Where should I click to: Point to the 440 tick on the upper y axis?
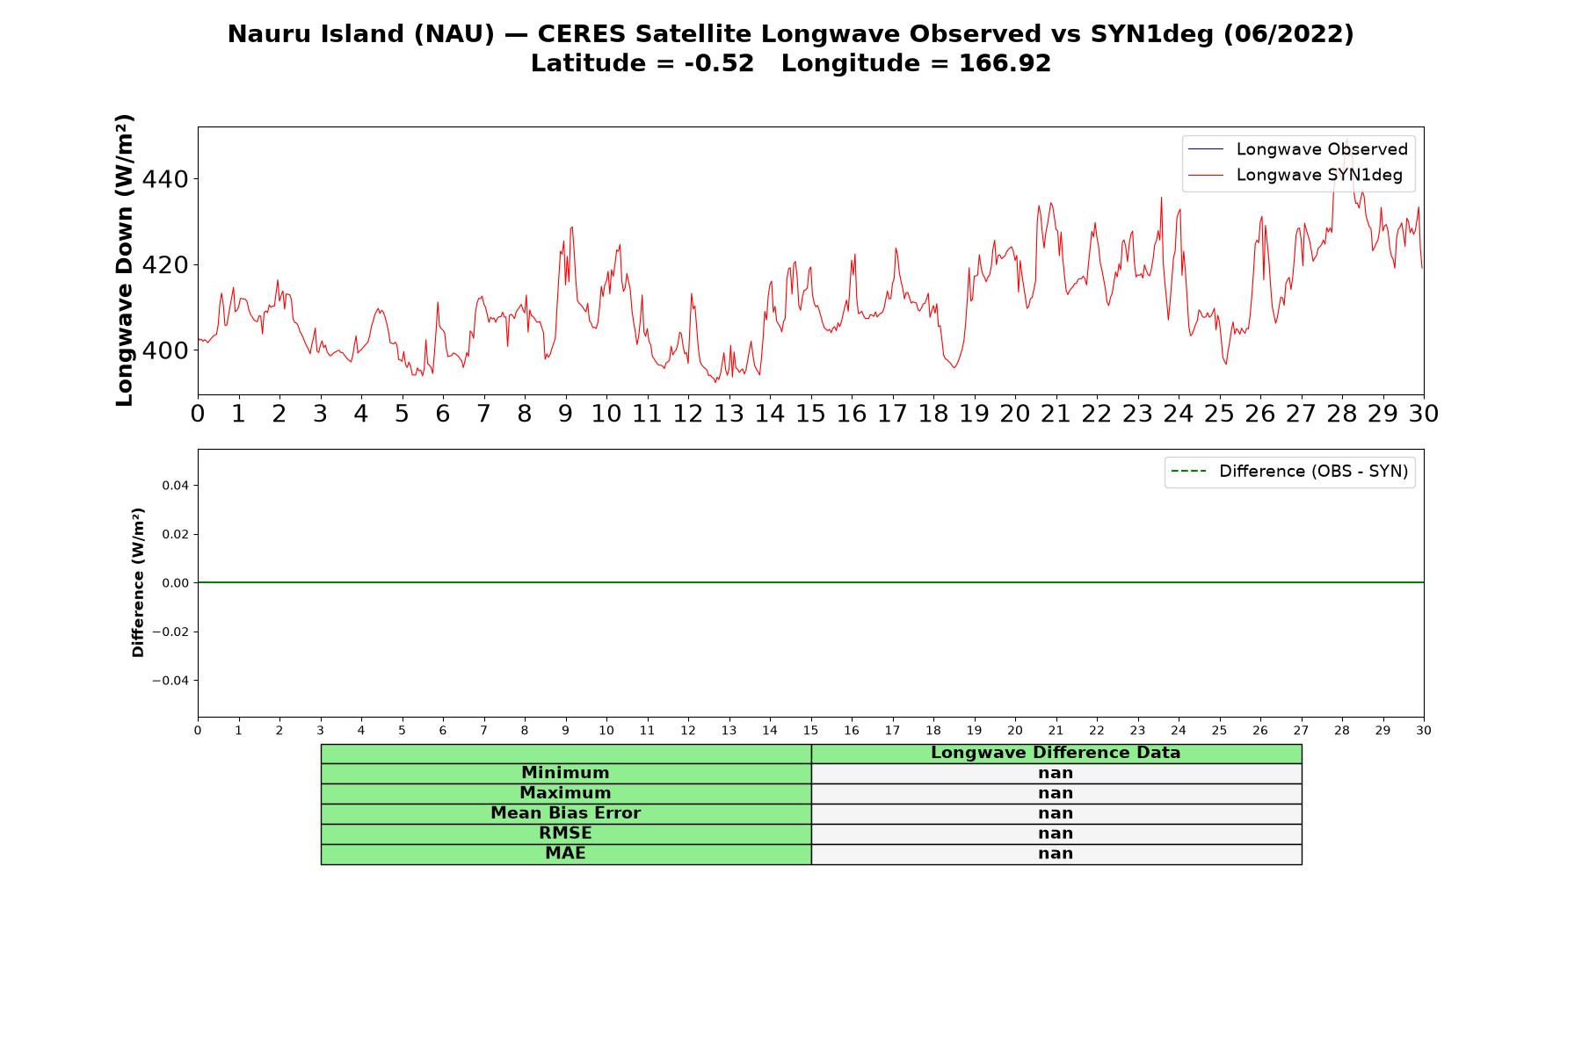165,179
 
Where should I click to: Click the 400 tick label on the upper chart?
165,350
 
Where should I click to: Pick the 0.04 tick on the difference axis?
176,486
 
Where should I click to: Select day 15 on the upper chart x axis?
810,413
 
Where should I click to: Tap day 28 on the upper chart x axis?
1342,413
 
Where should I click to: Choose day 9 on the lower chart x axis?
565,731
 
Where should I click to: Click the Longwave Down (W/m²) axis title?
125,260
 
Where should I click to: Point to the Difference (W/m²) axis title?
138,582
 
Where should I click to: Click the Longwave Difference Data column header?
1056,753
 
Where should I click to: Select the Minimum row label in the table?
565,773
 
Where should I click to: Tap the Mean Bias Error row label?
565,813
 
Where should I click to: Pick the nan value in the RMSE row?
1056,834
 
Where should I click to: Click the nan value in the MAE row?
1056,854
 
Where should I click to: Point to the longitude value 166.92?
1005,63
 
